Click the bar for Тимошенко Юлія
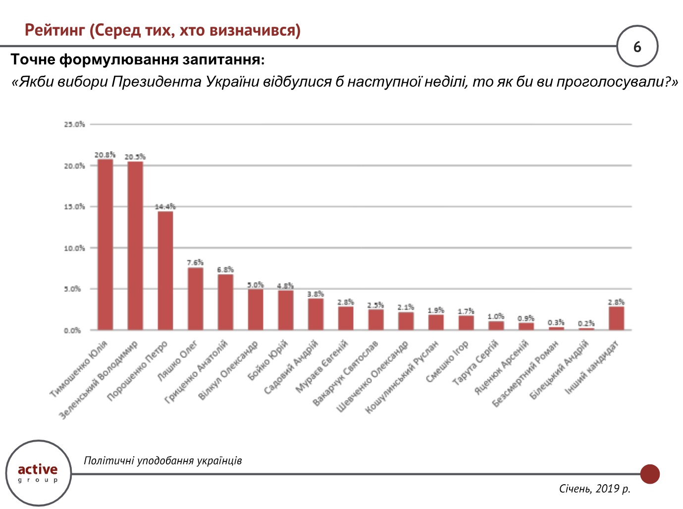105,245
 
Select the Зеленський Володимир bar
135,246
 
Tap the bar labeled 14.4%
165,271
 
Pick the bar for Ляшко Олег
195,299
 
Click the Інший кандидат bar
616,318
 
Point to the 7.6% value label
195,263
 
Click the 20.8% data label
105,155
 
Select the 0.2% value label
586,324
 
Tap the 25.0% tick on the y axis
74,124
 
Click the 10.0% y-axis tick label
74,248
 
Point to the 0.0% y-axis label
72,331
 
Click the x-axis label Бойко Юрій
268,360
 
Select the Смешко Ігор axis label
447,362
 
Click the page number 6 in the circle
637,47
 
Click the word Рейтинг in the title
55,31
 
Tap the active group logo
38,473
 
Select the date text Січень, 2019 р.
594,489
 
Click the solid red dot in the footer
650,474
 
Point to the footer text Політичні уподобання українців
163,461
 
